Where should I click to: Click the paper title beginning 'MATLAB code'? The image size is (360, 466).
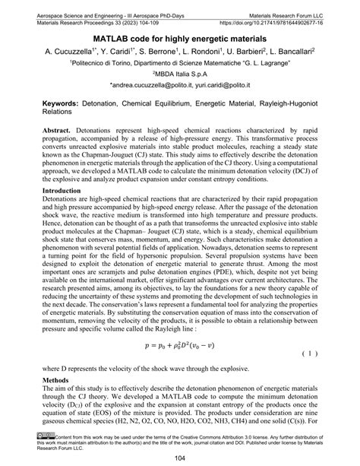[x=179, y=38]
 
